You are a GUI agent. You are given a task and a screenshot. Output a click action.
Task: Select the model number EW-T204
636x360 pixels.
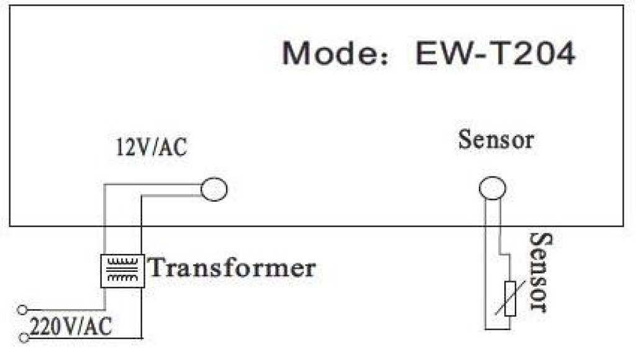(495, 55)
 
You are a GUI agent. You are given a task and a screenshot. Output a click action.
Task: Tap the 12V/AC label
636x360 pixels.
(151, 149)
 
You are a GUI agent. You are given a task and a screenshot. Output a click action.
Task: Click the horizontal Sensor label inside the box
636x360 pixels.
(496, 140)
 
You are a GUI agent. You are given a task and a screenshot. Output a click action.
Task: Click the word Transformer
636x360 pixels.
(232, 268)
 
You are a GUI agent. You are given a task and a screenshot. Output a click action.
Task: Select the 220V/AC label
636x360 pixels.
(71, 325)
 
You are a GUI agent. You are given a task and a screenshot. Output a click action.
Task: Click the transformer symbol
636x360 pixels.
(123, 271)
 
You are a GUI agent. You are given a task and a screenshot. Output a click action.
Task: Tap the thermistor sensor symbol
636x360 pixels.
(510, 298)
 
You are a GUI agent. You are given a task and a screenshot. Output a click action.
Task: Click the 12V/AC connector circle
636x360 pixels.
(214, 190)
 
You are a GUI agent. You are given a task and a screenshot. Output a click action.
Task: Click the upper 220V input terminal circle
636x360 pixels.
(23, 308)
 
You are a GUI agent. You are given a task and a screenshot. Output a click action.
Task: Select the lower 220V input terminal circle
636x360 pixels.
(23, 338)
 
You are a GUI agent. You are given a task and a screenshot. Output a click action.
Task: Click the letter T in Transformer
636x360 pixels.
(159, 268)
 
